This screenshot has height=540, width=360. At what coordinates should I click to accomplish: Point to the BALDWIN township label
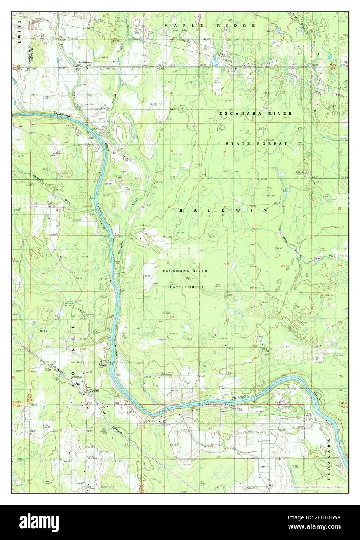point(223,210)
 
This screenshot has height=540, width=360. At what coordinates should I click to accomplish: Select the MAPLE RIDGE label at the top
point(210,26)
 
